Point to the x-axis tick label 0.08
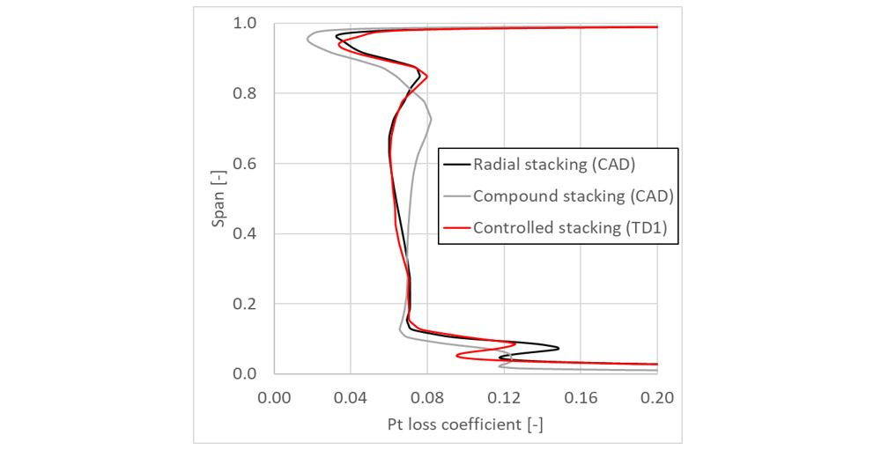click(427, 398)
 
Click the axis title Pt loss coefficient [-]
click(465, 424)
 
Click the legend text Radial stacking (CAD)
click(554, 164)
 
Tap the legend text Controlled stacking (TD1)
click(570, 228)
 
